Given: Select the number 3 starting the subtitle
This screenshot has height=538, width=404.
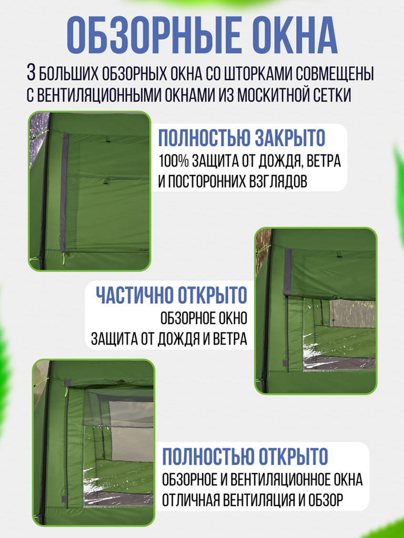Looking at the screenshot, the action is tap(31, 73).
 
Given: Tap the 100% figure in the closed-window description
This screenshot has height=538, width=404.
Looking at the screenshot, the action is tap(174, 161).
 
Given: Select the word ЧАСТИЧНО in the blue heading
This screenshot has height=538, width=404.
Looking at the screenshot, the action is tap(134, 295).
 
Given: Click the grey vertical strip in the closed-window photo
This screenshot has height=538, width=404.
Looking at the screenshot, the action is tap(64, 192).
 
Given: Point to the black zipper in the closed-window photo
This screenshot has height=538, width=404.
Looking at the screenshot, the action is tap(44, 192).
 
